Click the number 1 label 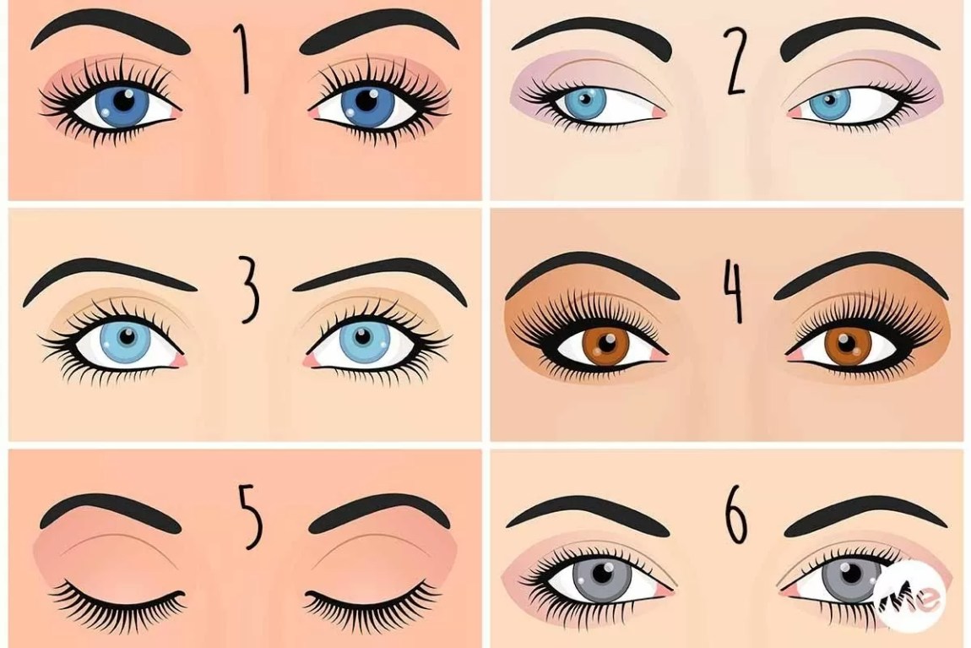click(x=244, y=59)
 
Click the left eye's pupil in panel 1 click(x=124, y=101)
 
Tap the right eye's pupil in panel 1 click(x=367, y=101)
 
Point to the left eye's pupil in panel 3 click(x=127, y=338)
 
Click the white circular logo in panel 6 click(x=909, y=597)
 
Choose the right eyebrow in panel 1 click(x=380, y=37)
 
